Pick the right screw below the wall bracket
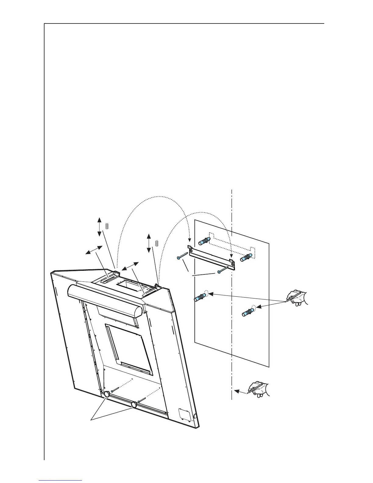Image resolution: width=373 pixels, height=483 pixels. [x=223, y=270]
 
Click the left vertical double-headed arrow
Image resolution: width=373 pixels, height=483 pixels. [x=99, y=227]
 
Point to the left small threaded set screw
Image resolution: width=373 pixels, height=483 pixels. [x=107, y=226]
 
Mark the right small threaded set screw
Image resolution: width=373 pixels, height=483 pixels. [x=157, y=243]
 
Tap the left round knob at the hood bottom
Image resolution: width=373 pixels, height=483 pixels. [x=107, y=394]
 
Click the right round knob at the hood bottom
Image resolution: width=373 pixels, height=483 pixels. [x=133, y=405]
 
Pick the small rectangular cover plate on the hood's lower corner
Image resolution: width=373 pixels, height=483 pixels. [x=184, y=413]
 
